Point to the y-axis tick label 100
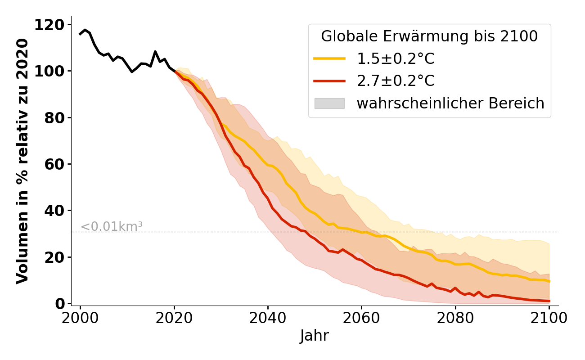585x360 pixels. click(x=52, y=71)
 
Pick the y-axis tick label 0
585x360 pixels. click(x=60, y=304)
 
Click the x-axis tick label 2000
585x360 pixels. click(x=81, y=318)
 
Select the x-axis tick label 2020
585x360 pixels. click(x=174, y=318)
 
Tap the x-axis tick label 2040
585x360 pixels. click(x=268, y=318)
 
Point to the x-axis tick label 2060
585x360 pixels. click(x=361, y=318)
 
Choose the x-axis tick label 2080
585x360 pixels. click(x=455, y=318)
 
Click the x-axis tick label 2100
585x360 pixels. click(x=549, y=318)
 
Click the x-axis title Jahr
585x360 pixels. click(x=315, y=336)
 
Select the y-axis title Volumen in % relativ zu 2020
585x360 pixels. click(x=22, y=161)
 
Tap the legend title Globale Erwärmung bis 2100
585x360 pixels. click(x=429, y=36)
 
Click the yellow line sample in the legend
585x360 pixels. click(x=329, y=58)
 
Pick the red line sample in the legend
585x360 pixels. click(x=329, y=81)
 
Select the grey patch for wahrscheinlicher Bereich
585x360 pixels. click(x=329, y=103)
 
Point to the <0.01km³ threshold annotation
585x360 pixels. click(x=112, y=227)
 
